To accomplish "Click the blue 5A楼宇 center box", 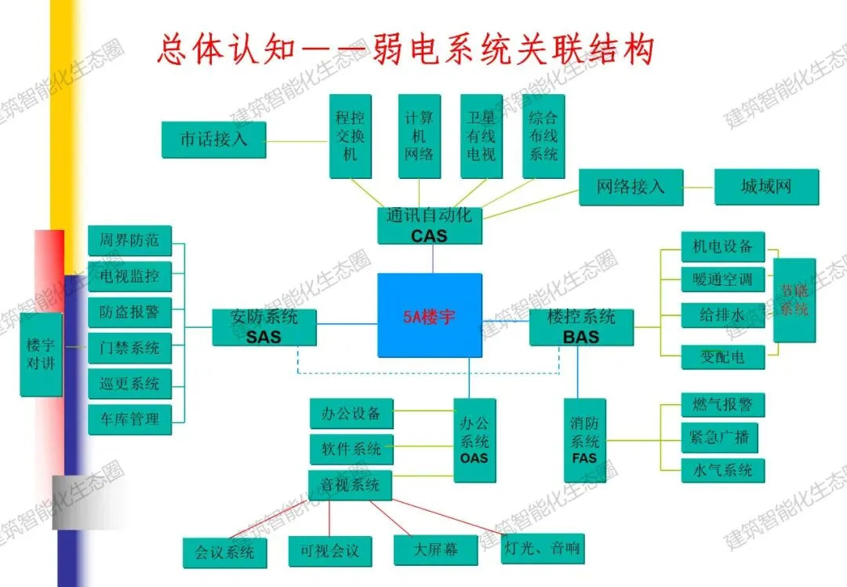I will point(429,315).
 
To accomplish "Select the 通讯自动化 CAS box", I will point(428,224).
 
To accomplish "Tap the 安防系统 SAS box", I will point(264,326).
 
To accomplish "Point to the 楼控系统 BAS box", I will point(581,326).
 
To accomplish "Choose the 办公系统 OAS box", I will point(474,439).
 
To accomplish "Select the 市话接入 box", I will point(214,140).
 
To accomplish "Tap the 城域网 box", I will point(766,187).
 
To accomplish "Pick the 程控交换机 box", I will point(350,136).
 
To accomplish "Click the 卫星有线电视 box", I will point(481,136).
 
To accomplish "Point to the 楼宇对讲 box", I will point(41,354).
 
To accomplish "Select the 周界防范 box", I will point(129,240).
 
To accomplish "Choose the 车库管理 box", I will point(129,419).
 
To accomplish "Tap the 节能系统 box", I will point(794,300).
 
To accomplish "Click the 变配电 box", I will point(722,357).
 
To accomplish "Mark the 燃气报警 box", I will point(722,405).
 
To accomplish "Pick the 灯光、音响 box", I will point(542,548).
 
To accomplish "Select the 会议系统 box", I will point(224,552).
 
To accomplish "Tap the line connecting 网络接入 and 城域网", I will point(699,187).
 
